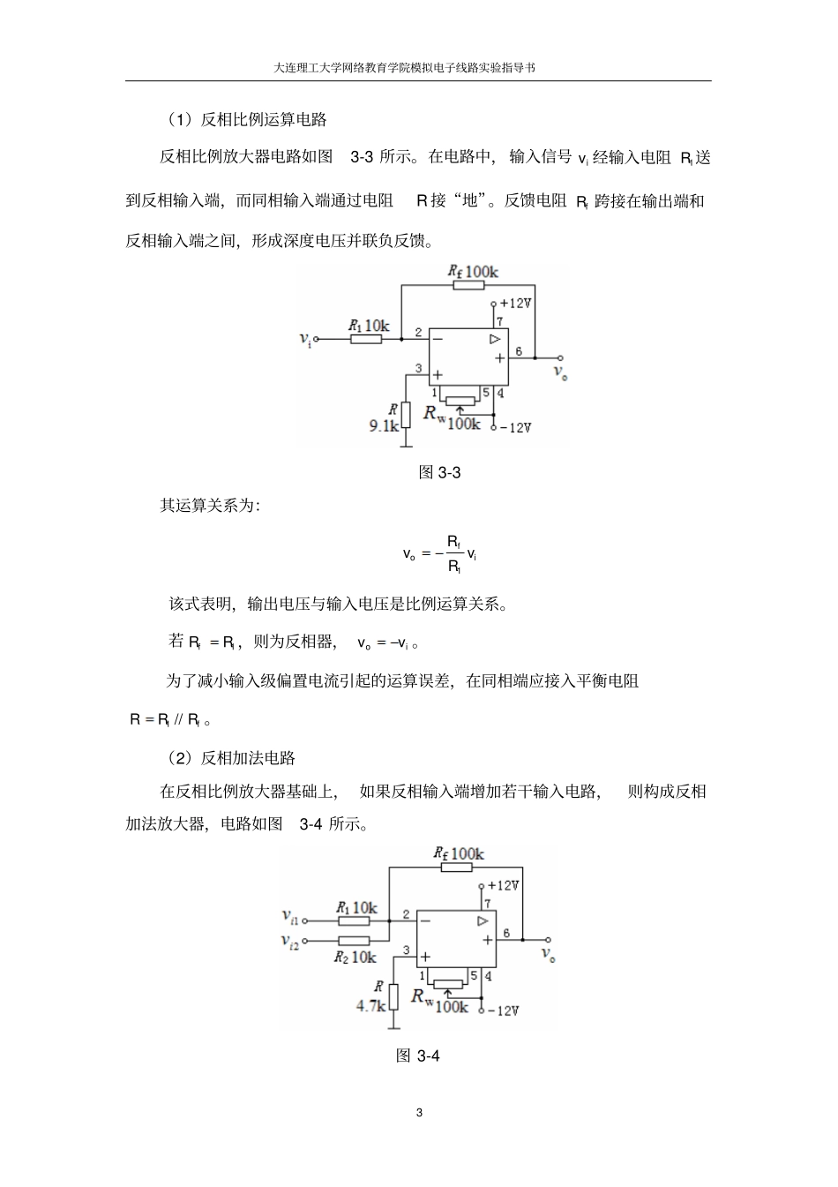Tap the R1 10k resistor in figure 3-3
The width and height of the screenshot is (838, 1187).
pos(365,338)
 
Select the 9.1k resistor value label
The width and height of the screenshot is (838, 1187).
pos(384,425)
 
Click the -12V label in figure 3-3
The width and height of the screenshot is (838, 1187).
pos(516,427)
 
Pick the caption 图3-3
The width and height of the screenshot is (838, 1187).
pos(438,472)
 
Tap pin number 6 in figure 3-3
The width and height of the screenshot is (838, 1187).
pos(519,351)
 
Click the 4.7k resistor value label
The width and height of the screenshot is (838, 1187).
pos(370,1005)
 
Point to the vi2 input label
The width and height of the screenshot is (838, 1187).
pos(290,942)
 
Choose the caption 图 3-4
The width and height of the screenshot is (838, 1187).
pos(418,1056)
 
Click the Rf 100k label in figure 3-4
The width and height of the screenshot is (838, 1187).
pos(458,853)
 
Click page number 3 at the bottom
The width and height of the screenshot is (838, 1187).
pos(419,1112)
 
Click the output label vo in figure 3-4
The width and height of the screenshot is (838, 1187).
pos(548,954)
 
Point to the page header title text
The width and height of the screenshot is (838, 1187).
pos(418,67)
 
